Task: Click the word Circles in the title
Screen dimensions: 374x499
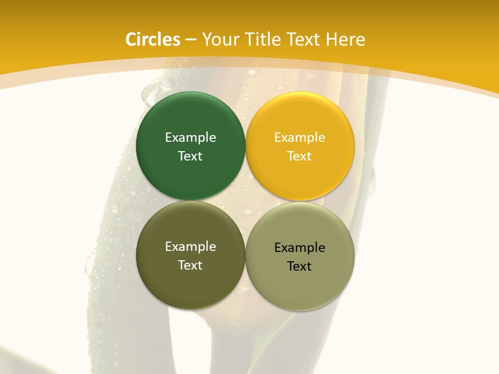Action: (153, 39)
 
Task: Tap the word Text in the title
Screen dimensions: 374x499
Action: (303, 39)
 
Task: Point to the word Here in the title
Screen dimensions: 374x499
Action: (346, 39)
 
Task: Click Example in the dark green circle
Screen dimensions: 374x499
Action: (190, 138)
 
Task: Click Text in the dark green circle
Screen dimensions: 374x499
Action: (190, 156)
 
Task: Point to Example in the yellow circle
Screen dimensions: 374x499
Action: (300, 138)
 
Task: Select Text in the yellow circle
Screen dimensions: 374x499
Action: (300, 156)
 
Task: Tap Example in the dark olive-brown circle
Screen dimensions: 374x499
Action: (190, 247)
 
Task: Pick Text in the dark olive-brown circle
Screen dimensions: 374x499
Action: (190, 265)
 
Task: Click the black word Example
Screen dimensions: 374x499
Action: (300, 248)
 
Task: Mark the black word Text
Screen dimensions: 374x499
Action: (300, 266)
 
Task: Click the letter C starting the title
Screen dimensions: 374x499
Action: (131, 39)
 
